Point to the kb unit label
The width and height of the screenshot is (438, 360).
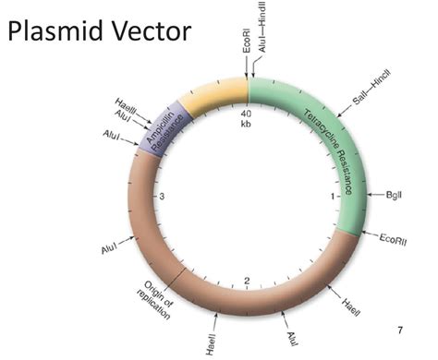pos(247,124)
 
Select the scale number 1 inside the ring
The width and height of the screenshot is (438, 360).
pos(333,197)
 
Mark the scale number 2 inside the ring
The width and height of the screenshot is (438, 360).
pos(247,282)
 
